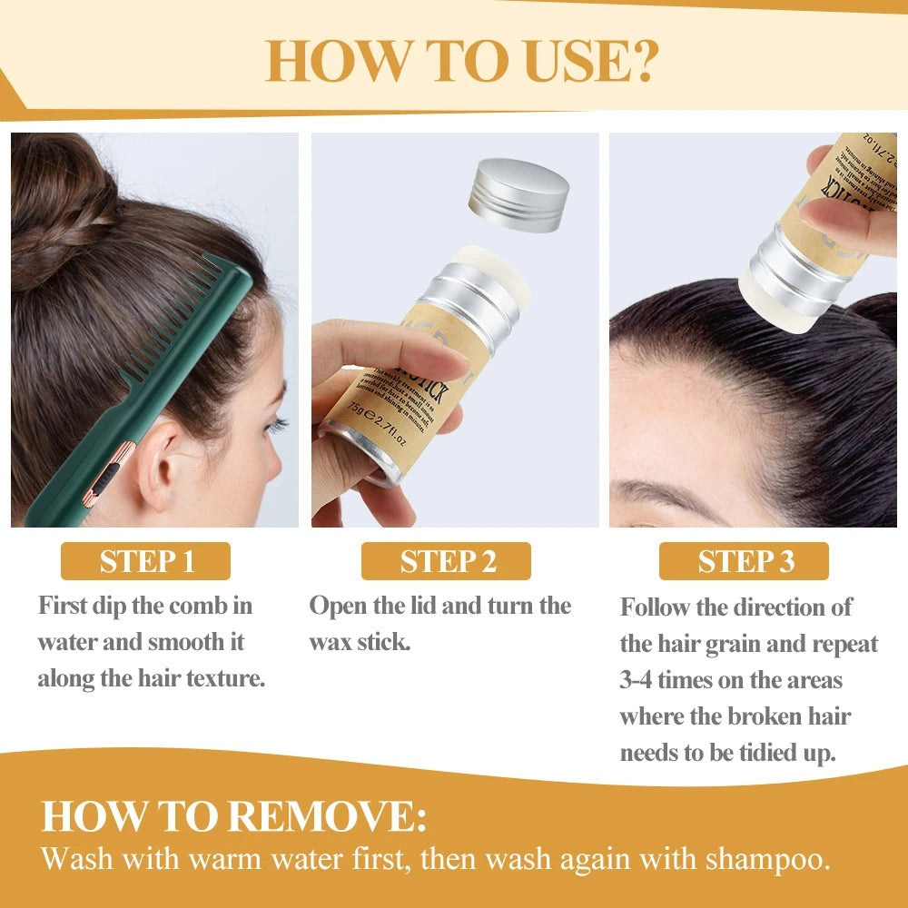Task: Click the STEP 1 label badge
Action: pos(145,561)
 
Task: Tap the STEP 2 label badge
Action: pos(446,561)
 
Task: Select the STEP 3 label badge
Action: pos(744,561)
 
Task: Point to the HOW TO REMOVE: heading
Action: pos(233,815)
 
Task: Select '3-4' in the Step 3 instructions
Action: pos(637,680)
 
